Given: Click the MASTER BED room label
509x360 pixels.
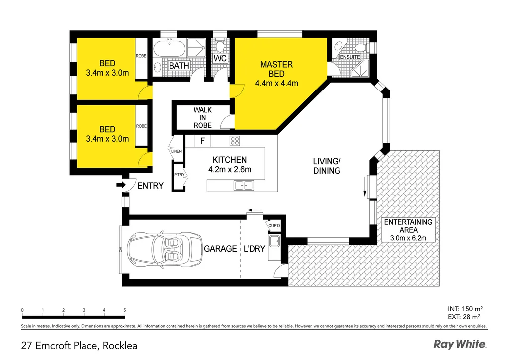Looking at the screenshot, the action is point(276,69).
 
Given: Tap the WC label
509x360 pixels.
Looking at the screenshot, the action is point(220,59).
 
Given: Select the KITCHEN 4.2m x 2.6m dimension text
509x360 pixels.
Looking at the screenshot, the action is point(230,169).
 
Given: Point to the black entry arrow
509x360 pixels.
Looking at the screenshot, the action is point(121,185).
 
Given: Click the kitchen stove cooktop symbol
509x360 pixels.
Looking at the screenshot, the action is point(235,141).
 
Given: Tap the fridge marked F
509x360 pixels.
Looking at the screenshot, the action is point(203,141).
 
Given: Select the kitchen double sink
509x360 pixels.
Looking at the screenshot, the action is point(244,186).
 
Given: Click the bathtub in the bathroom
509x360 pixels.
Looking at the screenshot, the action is point(169,48).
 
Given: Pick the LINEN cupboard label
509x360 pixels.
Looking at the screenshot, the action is point(176,151).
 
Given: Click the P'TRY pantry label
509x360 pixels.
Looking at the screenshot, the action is point(179,175).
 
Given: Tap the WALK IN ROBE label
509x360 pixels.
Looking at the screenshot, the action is point(203,118).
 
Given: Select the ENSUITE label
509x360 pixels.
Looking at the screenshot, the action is point(350,57).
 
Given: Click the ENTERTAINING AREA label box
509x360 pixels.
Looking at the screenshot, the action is point(408,230).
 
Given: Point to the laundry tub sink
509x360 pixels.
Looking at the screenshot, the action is point(274,241).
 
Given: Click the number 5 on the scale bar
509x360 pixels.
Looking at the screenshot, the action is point(125,310).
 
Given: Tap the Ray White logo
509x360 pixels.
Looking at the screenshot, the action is point(460,344).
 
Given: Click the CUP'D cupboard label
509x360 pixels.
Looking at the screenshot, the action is point(274,226).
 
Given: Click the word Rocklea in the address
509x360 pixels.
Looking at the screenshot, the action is point(120,346).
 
